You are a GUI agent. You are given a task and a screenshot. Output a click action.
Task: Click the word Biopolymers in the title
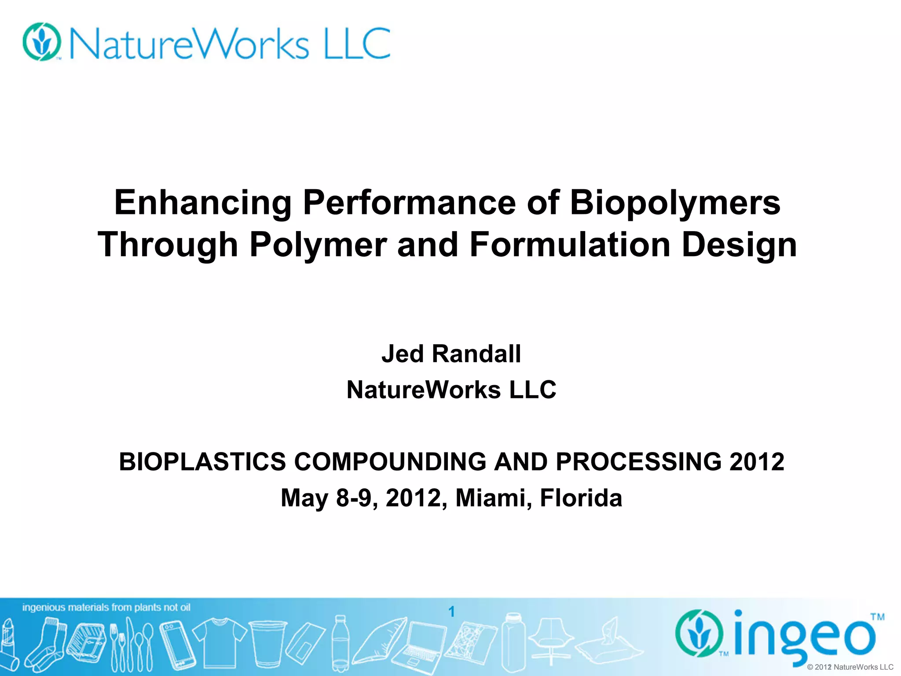click(675, 203)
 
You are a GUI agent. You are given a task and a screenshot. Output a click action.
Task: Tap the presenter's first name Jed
click(403, 354)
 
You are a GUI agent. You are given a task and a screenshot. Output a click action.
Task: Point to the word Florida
click(581, 498)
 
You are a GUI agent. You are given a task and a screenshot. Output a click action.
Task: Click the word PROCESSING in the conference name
click(638, 462)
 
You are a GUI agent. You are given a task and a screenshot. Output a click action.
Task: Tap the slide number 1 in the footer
click(451, 611)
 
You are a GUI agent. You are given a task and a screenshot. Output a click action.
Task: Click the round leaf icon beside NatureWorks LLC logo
click(42, 42)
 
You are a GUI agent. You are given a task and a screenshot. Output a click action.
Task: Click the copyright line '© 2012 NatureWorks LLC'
click(850, 667)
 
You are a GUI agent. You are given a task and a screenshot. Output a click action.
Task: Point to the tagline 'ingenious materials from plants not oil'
click(106, 608)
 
